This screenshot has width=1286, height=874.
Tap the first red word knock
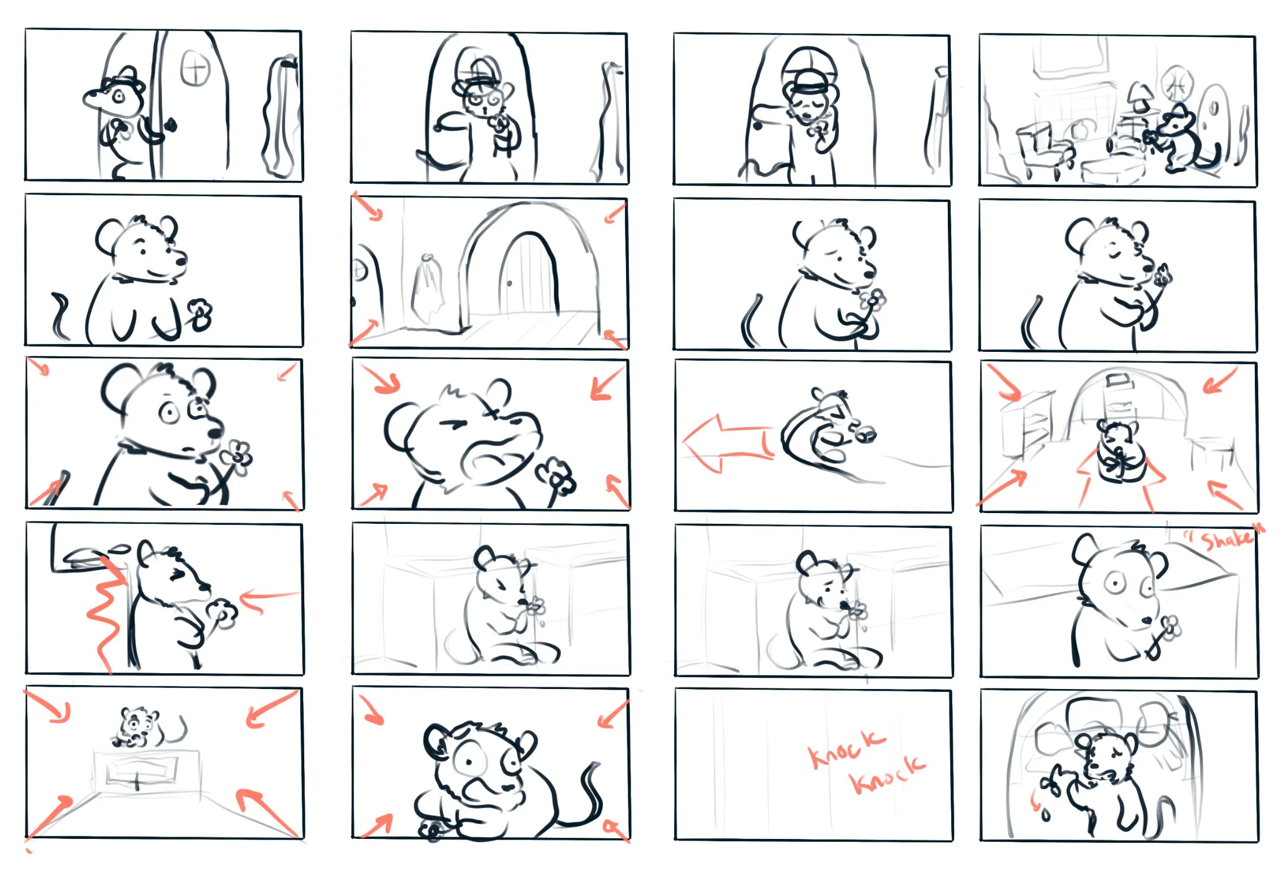(x=845, y=748)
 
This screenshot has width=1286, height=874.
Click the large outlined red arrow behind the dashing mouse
(x=727, y=443)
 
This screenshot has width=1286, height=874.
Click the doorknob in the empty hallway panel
(x=510, y=283)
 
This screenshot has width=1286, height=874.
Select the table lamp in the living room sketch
(x=1138, y=100)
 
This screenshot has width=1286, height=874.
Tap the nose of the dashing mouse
(x=866, y=434)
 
